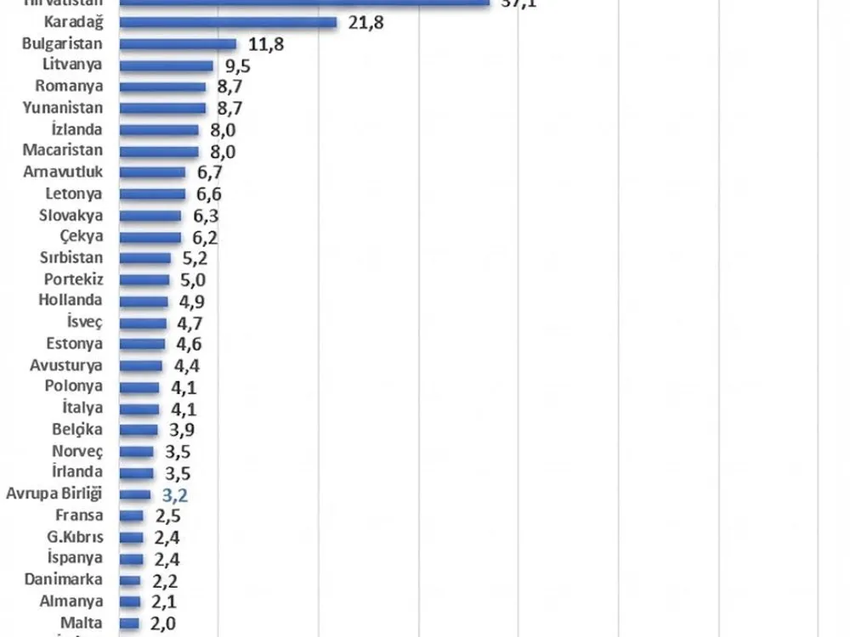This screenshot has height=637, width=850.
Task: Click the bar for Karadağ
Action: tap(228, 22)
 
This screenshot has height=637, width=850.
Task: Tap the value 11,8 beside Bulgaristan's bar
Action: tap(266, 44)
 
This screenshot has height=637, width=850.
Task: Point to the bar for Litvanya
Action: tap(166, 65)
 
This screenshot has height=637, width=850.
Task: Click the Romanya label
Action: tap(69, 87)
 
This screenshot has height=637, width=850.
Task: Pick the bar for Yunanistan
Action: tap(162, 108)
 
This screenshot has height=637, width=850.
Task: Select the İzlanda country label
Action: tap(76, 130)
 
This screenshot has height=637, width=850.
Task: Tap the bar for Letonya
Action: tap(152, 194)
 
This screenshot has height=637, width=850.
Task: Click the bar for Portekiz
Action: tap(144, 279)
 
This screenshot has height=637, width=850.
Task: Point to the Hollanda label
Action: tap(71, 300)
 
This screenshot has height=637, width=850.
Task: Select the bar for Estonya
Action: tap(142, 344)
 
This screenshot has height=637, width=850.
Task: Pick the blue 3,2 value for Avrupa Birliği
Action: tap(173, 495)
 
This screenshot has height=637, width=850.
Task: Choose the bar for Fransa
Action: tap(131, 516)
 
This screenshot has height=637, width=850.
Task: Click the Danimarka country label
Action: tap(64, 579)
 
